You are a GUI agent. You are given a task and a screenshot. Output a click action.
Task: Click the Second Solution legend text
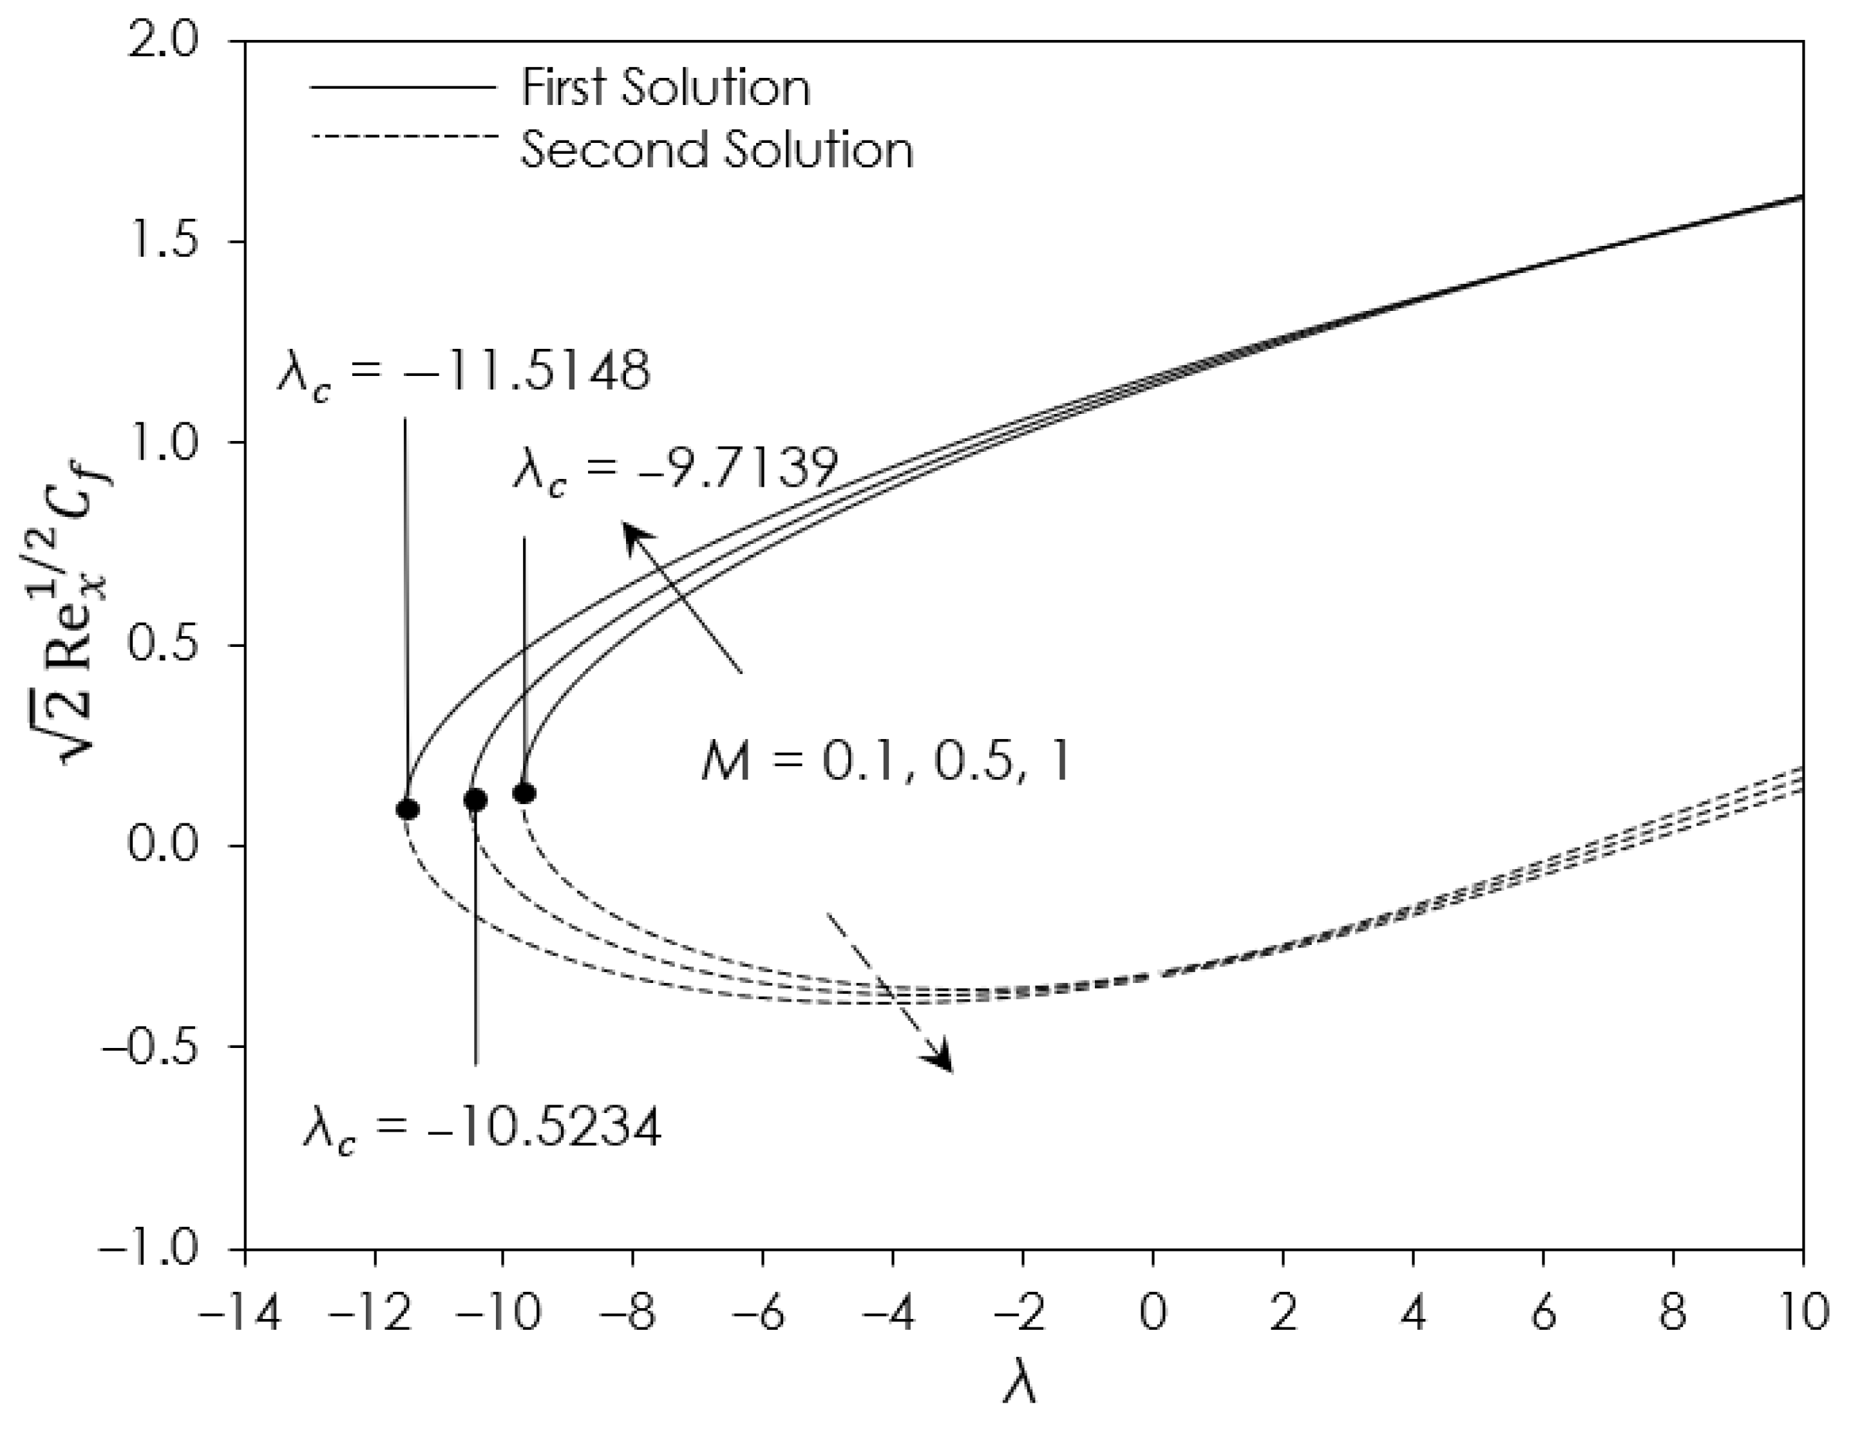click(x=716, y=150)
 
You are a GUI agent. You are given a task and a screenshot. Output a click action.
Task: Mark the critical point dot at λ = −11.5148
click(x=408, y=809)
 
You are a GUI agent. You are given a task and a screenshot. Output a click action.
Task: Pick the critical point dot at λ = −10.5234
click(x=475, y=800)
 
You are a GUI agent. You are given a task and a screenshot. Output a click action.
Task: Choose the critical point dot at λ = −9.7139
click(x=525, y=792)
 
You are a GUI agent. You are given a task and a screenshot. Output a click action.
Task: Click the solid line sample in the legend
click(x=403, y=87)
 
